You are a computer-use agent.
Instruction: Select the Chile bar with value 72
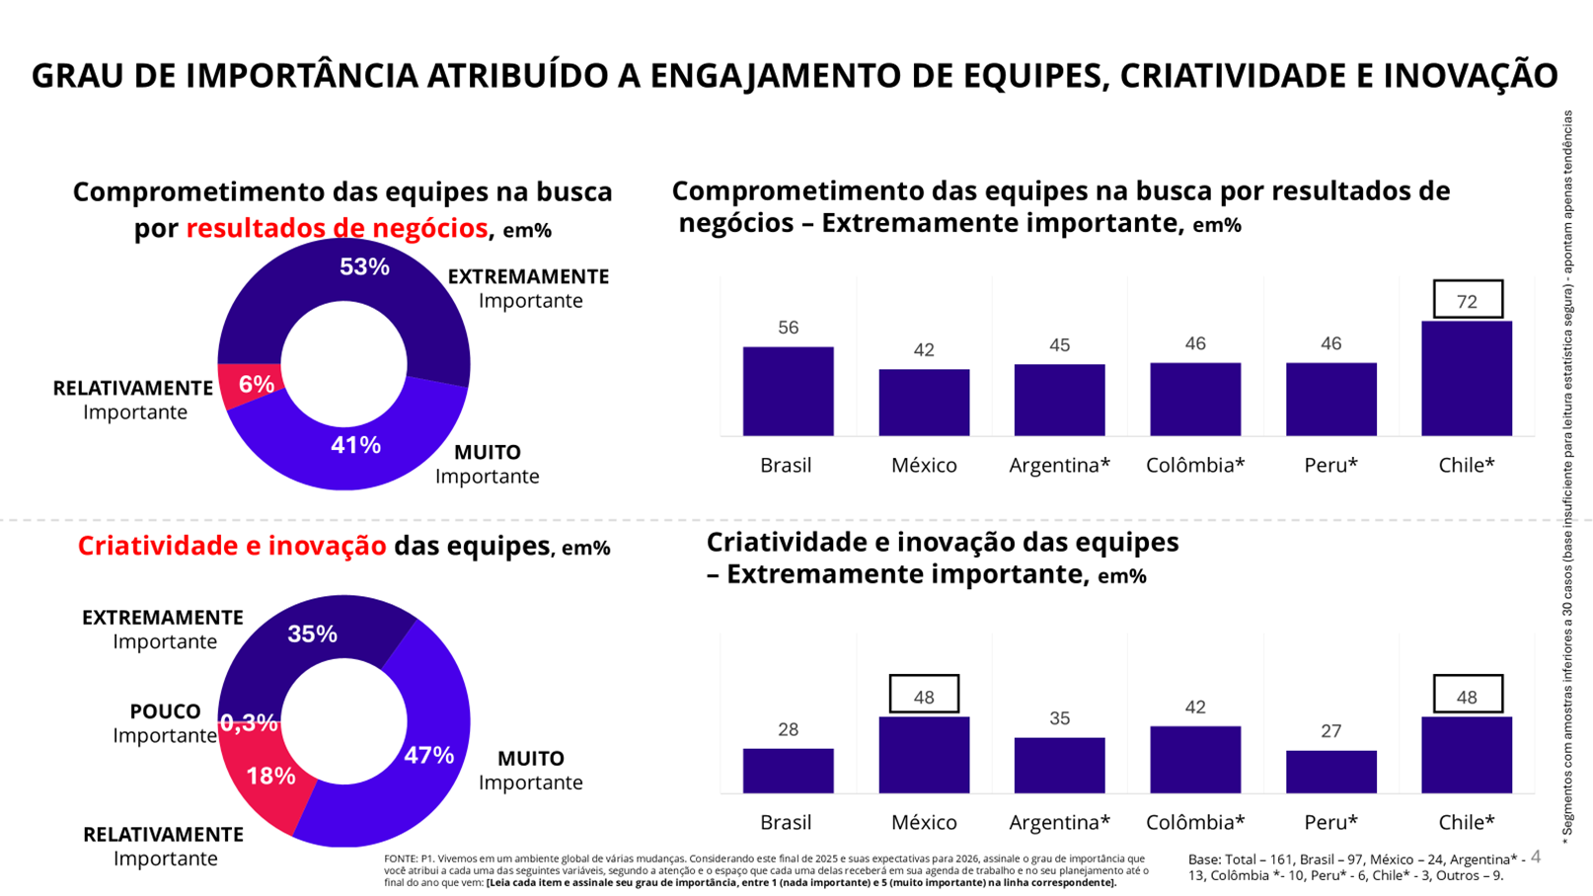[1466, 379]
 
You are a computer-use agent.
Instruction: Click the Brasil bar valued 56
[788, 392]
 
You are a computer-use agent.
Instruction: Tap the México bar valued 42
[924, 403]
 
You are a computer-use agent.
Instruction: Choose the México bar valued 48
[924, 755]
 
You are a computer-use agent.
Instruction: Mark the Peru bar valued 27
[1330, 772]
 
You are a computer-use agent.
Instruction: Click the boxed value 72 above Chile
[1467, 301]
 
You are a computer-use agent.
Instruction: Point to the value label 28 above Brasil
[788, 729]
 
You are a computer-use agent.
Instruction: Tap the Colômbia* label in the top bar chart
[1194, 465]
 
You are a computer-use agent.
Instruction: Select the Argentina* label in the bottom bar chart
[1059, 822]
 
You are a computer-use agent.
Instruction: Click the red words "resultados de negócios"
[337, 228]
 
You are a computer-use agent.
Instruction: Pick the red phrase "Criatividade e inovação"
[232, 546]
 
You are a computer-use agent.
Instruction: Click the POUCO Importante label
[165, 723]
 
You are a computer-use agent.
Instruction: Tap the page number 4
[1536, 857]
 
